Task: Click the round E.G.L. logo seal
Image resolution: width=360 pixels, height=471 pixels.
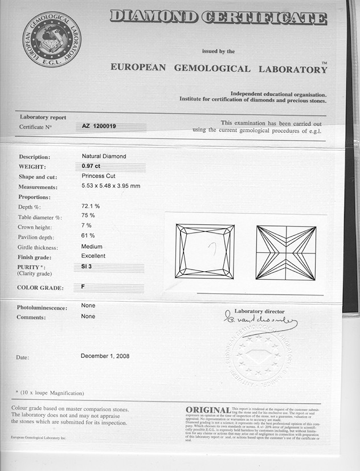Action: click(x=52, y=40)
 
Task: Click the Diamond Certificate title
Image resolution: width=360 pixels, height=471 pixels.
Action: click(x=219, y=17)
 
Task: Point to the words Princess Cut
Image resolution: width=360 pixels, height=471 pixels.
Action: click(x=99, y=176)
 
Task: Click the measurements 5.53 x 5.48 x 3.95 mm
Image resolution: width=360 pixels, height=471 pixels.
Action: click(x=111, y=186)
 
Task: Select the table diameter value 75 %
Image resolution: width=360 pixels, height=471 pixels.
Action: click(x=88, y=215)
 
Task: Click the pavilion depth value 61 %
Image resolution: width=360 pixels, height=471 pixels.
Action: click(x=88, y=235)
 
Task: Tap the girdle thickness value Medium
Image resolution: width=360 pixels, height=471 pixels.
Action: click(x=92, y=247)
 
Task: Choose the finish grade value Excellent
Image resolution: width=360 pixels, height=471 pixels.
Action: click(x=93, y=256)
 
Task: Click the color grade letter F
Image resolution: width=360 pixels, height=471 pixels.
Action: click(x=83, y=286)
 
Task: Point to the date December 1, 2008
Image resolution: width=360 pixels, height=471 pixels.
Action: click(x=105, y=356)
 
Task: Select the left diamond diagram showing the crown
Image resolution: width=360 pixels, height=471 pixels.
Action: click(x=205, y=251)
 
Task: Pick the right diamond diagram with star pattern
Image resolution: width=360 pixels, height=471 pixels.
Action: click(x=285, y=252)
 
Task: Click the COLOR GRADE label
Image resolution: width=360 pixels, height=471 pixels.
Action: click(x=40, y=288)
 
